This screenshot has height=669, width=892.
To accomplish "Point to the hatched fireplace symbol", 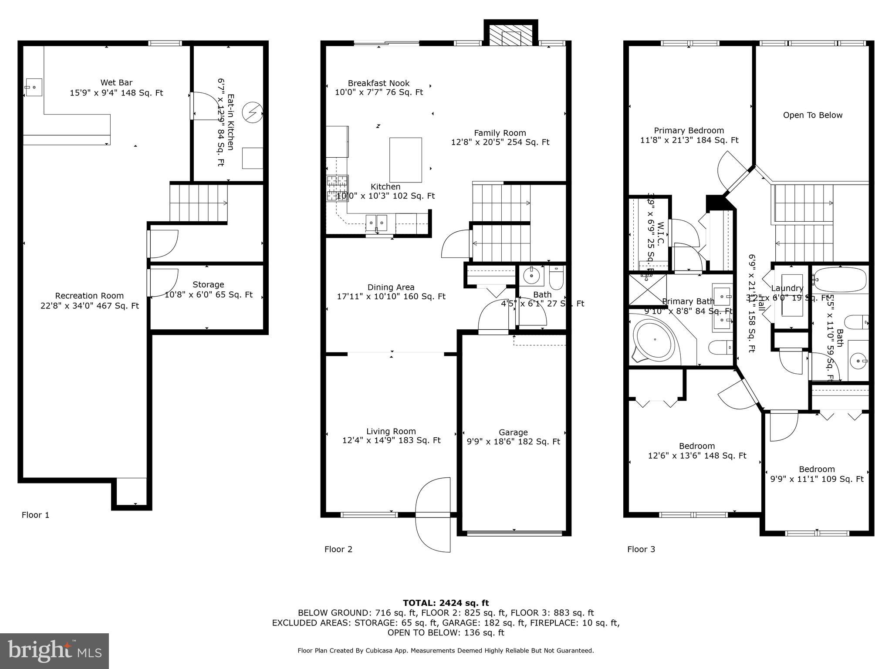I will click(x=511, y=35).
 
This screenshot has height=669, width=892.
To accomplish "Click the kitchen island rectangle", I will click(x=405, y=160).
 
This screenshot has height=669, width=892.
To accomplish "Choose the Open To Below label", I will click(x=812, y=115).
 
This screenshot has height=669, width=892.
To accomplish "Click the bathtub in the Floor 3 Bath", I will click(x=840, y=279).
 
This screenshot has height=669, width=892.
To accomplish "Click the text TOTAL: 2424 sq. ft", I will click(x=446, y=603).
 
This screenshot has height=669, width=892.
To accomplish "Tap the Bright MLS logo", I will click(x=54, y=651).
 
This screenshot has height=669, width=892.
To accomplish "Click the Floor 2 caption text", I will click(x=338, y=549).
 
